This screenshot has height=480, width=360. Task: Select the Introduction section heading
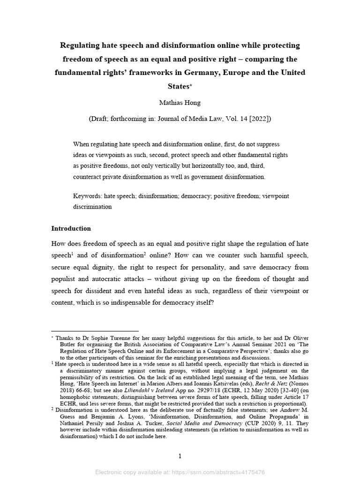[x=71, y=229]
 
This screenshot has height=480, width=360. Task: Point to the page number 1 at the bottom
[x=180, y=457]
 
